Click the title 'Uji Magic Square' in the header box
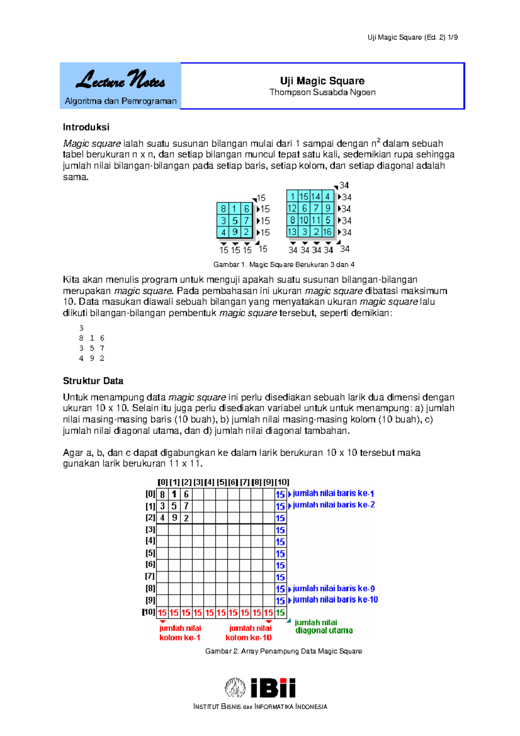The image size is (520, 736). pos(322,81)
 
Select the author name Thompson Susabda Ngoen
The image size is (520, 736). pos(322,92)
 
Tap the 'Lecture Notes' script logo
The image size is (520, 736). pos(120,80)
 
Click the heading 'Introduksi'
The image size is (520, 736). pos(86,127)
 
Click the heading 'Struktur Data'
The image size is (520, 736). pos(93,381)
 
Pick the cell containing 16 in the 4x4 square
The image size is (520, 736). pos(328,232)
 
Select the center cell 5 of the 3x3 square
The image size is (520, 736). pos(234,221)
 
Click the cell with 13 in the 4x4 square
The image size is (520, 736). pos(292,232)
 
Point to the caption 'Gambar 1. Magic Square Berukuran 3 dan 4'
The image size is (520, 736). pos(284,264)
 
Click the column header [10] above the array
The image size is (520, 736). pos(282,482)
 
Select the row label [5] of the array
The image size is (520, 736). pos(150,553)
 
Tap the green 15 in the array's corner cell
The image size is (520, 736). pos(280,612)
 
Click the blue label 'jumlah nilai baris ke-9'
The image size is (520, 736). pos(334,589)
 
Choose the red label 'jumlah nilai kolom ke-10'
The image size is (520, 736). pos(249,633)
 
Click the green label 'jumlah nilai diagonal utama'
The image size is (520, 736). pos(323,627)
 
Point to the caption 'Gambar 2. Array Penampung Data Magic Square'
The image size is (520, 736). pos(283,651)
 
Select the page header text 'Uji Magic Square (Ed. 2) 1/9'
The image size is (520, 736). pos(413,37)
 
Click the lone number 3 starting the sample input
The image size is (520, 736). pos(81,328)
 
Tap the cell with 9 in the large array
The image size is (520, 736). pos(174,518)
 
